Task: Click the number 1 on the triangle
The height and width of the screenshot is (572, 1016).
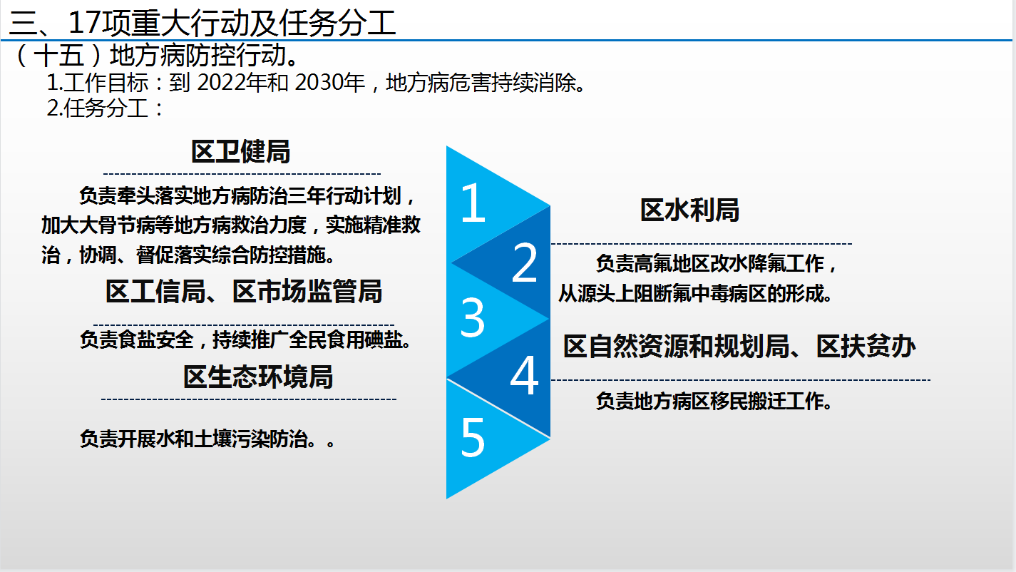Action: (x=473, y=203)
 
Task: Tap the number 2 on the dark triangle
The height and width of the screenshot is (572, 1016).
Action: (x=524, y=262)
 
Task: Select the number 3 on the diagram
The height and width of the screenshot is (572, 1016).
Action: (x=472, y=317)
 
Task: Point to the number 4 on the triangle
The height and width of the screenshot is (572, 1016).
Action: (x=524, y=375)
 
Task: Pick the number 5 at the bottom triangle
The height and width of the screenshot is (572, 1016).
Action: (x=473, y=436)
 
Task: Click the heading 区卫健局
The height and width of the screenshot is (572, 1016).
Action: (x=240, y=151)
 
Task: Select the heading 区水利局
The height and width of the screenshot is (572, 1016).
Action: (x=689, y=210)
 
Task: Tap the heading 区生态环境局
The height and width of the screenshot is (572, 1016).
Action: (x=258, y=377)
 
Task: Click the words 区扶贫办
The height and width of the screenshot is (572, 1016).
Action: (x=866, y=347)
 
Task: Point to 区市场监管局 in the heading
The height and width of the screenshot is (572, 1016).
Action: (x=307, y=291)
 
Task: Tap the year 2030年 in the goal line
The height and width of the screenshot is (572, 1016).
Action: (x=329, y=83)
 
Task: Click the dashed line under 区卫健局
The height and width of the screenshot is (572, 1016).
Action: (x=242, y=174)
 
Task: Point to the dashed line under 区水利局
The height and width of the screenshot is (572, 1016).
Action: (x=702, y=244)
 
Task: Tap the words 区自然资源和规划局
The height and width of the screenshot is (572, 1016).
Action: (x=677, y=347)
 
